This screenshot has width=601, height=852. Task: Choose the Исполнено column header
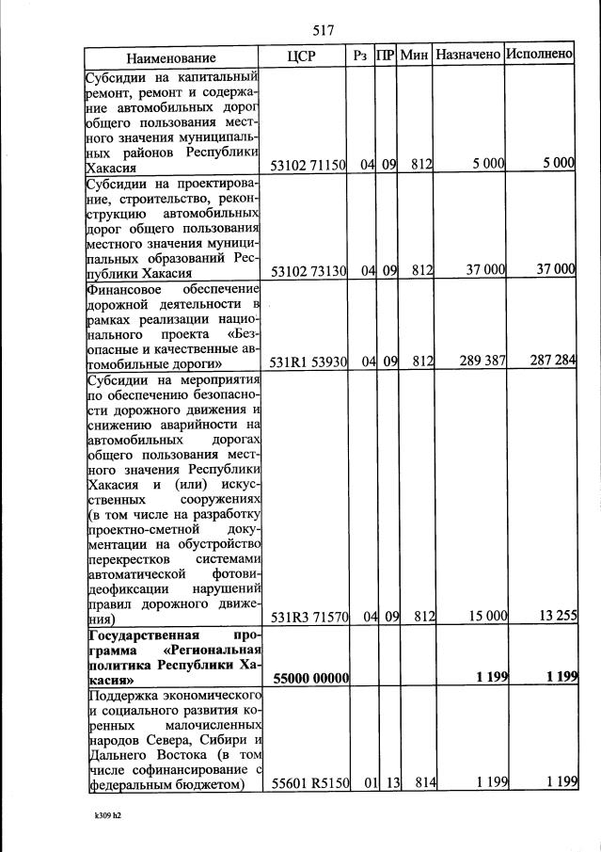tap(539, 56)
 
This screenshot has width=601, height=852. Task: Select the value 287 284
tap(550, 361)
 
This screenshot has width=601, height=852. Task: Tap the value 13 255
tap(553, 616)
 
